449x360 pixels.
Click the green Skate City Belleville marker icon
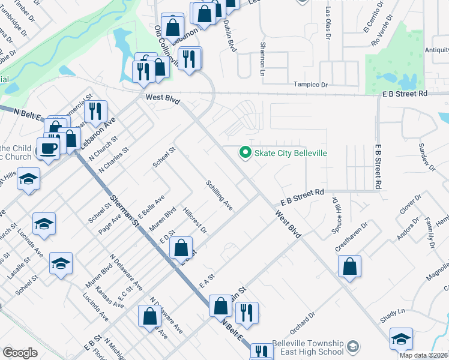245,153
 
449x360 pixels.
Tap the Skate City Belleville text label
291,153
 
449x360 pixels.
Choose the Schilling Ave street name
219,194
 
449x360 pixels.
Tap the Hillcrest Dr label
195,221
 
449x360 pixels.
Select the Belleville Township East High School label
307,347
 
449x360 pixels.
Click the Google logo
20,353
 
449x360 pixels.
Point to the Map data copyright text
424,355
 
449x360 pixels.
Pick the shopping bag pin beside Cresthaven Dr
349,268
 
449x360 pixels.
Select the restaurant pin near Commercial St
95,112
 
